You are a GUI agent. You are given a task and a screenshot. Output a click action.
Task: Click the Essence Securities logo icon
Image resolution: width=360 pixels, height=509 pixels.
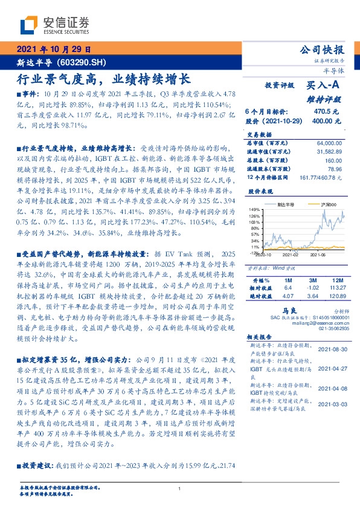coord(28,25)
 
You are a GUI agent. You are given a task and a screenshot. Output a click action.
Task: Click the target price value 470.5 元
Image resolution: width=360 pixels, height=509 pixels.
coord(326,112)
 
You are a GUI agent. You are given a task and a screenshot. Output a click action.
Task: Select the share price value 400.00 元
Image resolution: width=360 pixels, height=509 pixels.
coord(327,121)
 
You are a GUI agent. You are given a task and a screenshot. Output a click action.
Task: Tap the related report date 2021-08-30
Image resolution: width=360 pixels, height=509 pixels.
coord(333,349)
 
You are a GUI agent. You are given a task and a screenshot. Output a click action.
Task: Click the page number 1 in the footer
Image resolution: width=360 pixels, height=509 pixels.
coord(180,488)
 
